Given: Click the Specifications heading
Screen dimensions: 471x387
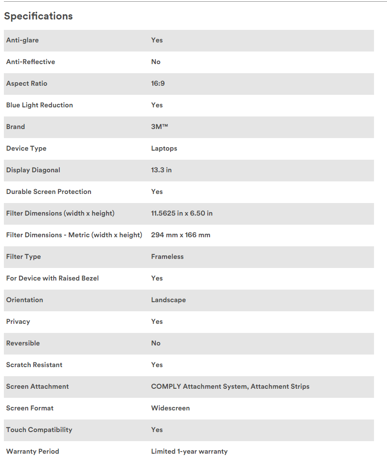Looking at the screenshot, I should point(39,16).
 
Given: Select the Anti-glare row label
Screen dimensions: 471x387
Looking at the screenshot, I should point(23,40).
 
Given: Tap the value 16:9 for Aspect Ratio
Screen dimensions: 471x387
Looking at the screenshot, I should point(158,84).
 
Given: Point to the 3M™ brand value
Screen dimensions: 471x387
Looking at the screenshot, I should point(159,127).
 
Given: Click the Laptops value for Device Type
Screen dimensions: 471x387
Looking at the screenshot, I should point(164,148).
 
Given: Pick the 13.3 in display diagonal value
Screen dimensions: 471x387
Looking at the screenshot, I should point(161,170).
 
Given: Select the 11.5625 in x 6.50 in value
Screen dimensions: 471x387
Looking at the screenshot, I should point(182,213).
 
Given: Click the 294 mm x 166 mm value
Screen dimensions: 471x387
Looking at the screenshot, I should point(181,235).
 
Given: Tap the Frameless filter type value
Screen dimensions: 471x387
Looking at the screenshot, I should point(168,257).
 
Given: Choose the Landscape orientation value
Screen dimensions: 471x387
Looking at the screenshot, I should point(168,300).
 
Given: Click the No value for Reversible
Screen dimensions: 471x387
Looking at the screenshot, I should point(156,343).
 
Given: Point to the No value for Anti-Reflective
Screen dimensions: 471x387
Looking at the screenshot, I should point(156,62).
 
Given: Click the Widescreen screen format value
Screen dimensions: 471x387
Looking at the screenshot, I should point(171,408).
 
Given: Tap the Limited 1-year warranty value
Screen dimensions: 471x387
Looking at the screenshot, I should point(189,452).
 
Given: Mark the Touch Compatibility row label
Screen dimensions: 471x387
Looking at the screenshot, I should point(39,430).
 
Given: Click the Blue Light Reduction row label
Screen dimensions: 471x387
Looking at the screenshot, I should point(39,105).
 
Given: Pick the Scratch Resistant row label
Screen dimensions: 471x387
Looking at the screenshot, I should point(34,365).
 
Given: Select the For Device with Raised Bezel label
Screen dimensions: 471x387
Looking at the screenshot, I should point(52,278).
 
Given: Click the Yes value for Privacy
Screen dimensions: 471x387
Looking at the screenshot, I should point(157,322).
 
